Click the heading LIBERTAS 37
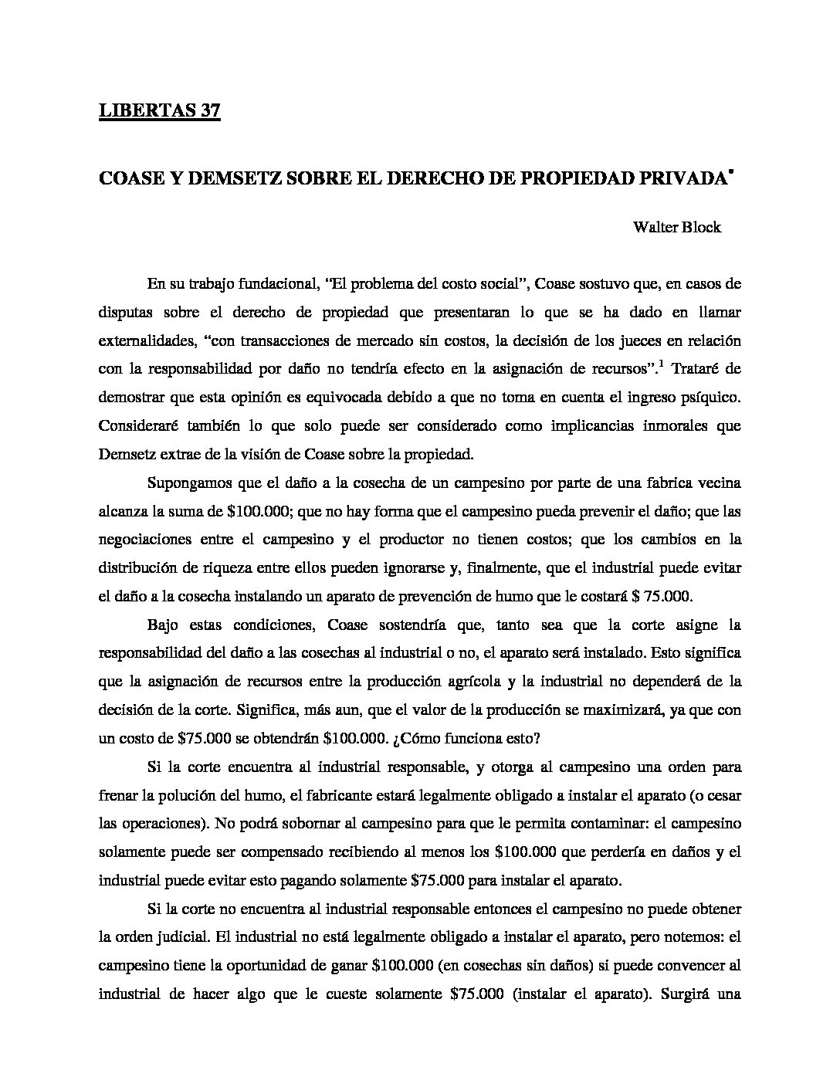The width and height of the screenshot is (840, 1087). click(160, 111)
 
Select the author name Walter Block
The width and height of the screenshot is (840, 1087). click(676, 227)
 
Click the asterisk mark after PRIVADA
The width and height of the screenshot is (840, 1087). click(730, 171)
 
